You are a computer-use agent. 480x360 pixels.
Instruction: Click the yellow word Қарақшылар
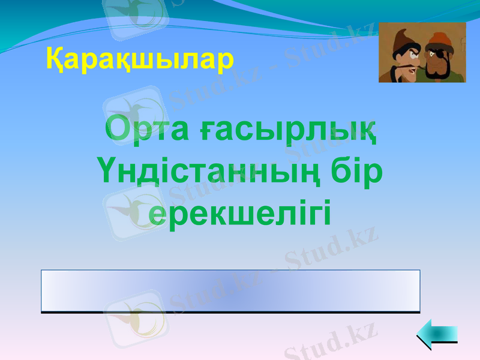pos(140,59)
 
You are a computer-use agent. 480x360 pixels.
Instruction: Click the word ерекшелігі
pos(239,214)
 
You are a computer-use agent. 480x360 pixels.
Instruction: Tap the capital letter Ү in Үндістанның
pos(107,172)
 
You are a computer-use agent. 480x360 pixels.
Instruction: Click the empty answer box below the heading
pos(230,291)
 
